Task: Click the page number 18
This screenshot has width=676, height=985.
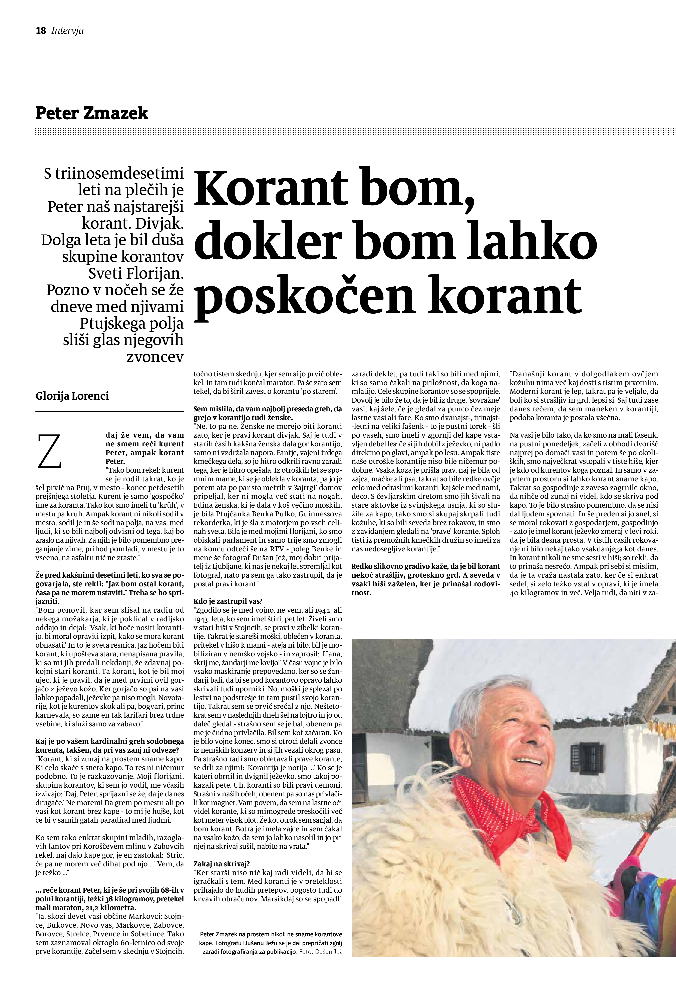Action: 41,31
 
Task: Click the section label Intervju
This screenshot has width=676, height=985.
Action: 67,31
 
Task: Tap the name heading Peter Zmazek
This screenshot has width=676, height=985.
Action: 92,113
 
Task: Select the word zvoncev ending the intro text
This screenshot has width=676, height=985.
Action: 155,357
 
